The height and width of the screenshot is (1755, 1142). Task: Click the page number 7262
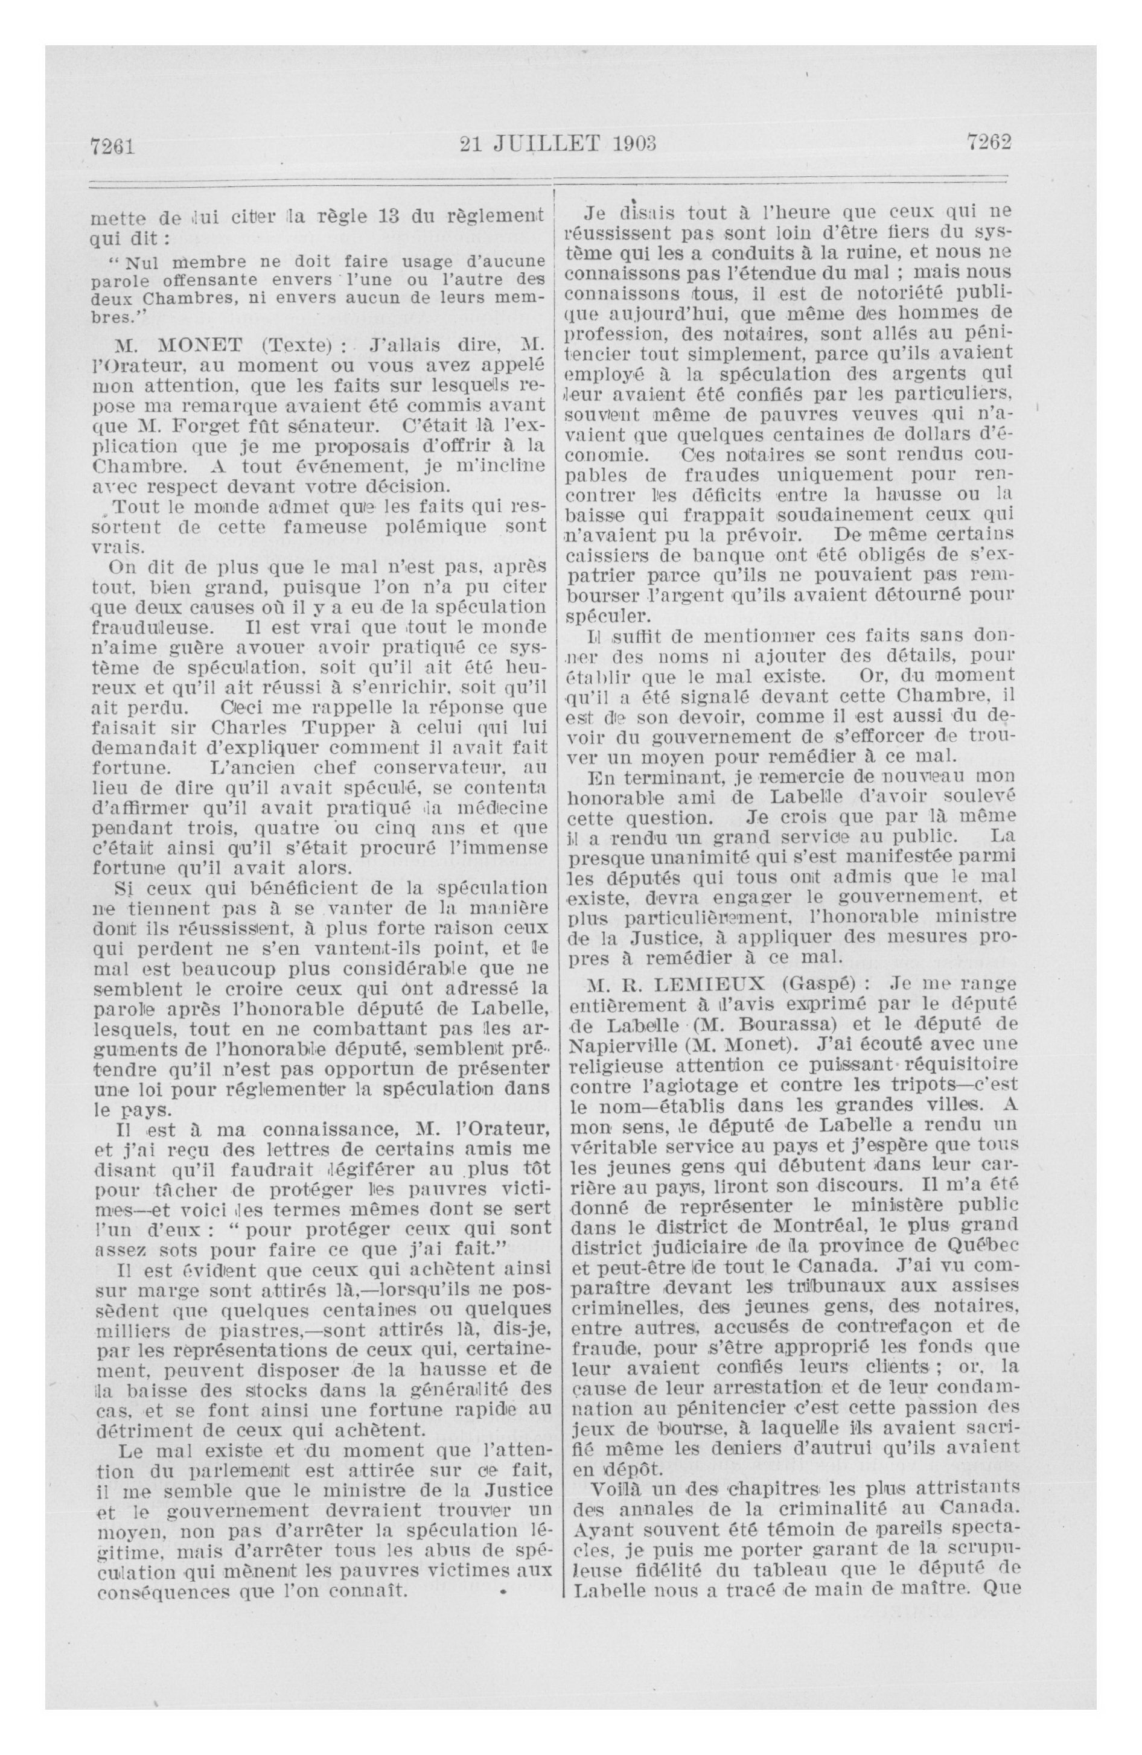click(988, 142)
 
